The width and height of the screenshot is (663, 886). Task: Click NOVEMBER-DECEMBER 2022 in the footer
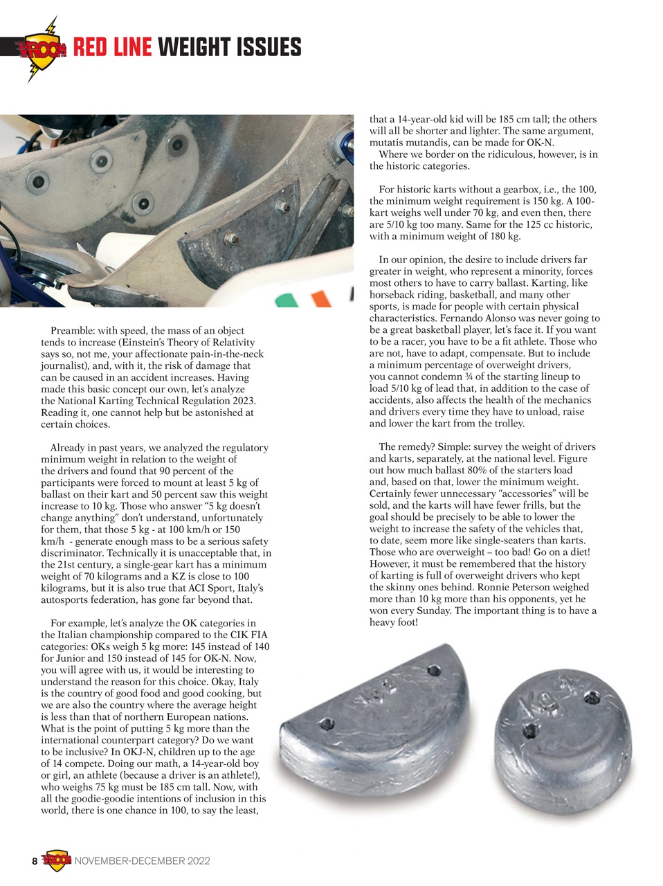pos(142,861)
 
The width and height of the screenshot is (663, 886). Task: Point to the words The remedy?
pos(408,446)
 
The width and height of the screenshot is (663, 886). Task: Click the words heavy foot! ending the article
pos(394,622)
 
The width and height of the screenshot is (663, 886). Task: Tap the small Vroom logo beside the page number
pos(57,860)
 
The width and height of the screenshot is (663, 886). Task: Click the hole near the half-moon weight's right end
pos(434,671)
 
